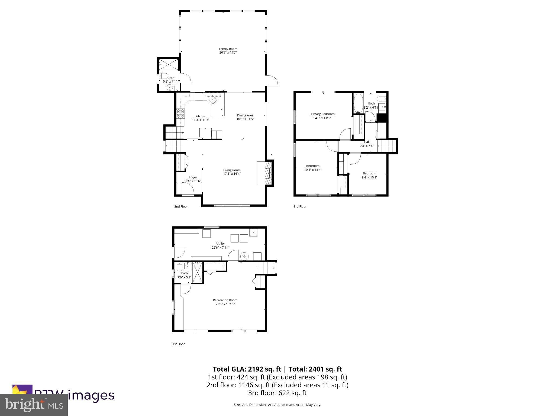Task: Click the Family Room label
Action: pos(228,49)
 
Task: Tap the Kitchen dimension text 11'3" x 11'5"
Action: pos(201,120)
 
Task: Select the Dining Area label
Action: pos(245,115)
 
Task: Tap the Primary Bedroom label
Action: pos(322,114)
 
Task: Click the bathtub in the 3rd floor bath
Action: pos(358,104)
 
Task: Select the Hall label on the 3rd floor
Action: pos(366,142)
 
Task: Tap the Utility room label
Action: pos(220,243)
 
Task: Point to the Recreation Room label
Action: pos(225,300)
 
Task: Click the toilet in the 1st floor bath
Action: pos(179,267)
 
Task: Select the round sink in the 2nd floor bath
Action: pos(170,87)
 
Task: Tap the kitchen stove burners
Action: pos(180,113)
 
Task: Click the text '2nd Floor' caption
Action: pos(181,206)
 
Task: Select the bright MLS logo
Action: pos(34,405)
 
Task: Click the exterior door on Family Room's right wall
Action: pos(272,81)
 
